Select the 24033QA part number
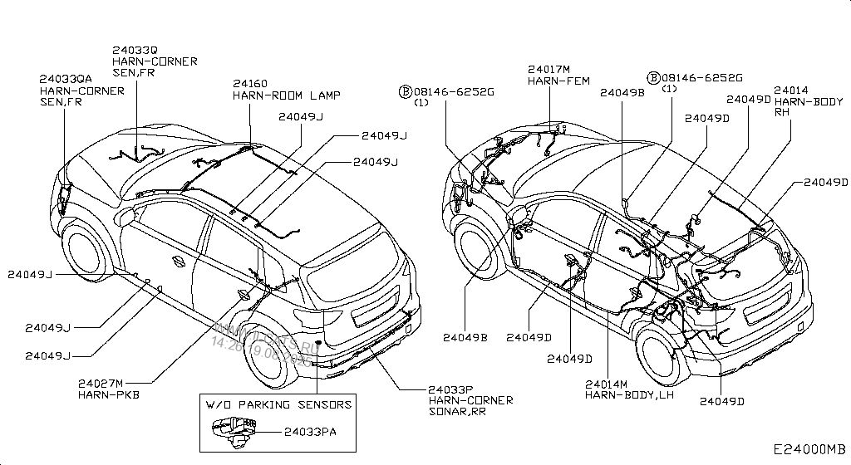(x=66, y=80)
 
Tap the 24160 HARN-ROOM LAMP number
(x=249, y=84)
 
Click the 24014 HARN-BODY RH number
(x=790, y=90)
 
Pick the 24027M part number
(x=101, y=383)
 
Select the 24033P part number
(x=451, y=389)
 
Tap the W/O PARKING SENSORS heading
(x=278, y=404)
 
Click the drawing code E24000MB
(x=808, y=448)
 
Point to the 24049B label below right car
(x=465, y=337)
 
